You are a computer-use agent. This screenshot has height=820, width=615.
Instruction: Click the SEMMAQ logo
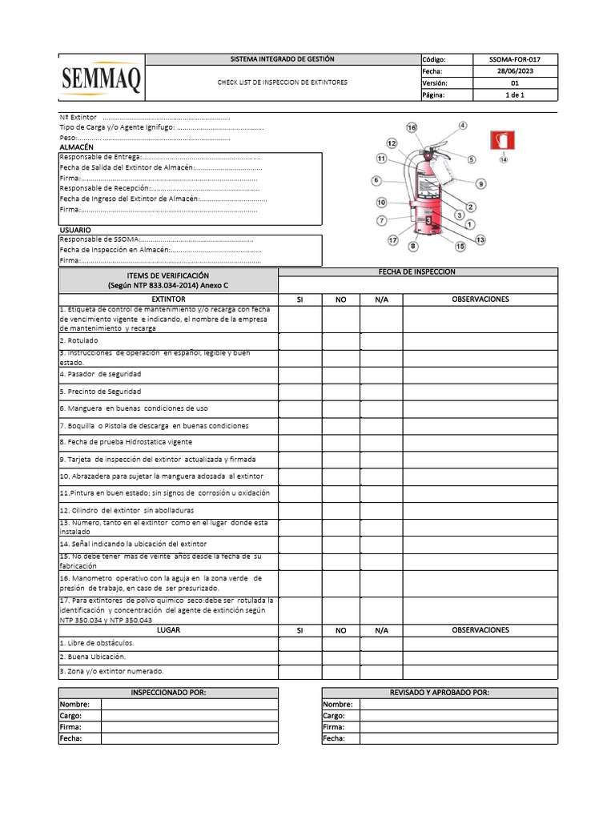click(102, 78)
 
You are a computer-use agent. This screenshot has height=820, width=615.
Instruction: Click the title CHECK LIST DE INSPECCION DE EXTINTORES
click(283, 82)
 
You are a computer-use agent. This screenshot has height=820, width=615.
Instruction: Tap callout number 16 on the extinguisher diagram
click(412, 128)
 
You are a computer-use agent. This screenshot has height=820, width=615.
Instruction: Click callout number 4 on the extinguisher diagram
click(463, 125)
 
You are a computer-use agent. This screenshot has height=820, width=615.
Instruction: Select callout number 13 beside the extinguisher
click(480, 239)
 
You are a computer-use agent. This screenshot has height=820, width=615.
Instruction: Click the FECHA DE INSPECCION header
click(417, 271)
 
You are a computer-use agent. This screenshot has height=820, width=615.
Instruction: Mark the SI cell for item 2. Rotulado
click(299, 340)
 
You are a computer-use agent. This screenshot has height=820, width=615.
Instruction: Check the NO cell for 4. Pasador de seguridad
click(340, 375)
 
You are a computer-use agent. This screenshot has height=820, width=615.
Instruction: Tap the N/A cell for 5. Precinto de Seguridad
click(381, 392)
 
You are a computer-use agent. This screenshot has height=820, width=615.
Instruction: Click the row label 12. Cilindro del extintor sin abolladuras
click(127, 510)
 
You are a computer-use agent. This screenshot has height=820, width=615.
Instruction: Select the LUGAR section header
click(168, 630)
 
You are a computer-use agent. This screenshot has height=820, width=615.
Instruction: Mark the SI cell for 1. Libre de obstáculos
click(299, 643)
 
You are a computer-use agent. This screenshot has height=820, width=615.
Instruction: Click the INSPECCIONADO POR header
click(168, 693)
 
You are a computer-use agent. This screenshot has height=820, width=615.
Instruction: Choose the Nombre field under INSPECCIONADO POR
click(188, 704)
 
